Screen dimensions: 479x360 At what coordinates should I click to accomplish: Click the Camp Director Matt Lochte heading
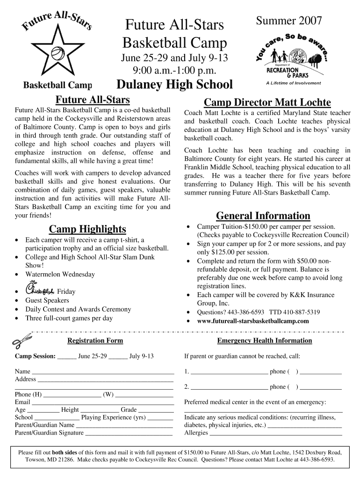click(x=267, y=102)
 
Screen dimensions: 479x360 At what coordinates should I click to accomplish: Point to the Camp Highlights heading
click(x=87, y=229)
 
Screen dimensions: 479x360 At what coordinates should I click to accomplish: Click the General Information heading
click(x=263, y=216)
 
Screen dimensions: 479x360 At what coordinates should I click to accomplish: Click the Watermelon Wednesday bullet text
click(x=60, y=275)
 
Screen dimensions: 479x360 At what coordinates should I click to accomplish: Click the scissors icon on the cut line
click(x=22, y=340)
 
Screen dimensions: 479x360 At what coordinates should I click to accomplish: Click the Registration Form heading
click(x=95, y=341)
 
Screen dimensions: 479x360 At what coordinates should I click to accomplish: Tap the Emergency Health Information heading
click(x=264, y=341)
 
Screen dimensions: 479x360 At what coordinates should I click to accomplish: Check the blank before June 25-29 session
click(x=67, y=356)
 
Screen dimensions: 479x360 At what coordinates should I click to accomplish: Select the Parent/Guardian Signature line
click(x=129, y=433)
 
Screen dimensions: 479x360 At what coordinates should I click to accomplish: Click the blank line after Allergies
click(x=276, y=433)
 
